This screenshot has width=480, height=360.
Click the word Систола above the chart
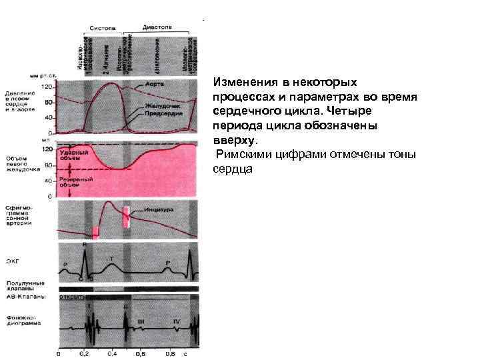[103, 29]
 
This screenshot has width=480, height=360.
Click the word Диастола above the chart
[157, 27]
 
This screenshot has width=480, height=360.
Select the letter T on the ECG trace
[111, 257]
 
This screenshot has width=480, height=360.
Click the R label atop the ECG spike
[84, 245]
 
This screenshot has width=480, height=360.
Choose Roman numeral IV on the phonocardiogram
[176, 321]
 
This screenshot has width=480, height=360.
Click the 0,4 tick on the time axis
[113, 351]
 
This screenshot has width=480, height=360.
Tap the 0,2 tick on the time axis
[85, 351]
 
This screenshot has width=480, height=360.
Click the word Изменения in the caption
[243, 83]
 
